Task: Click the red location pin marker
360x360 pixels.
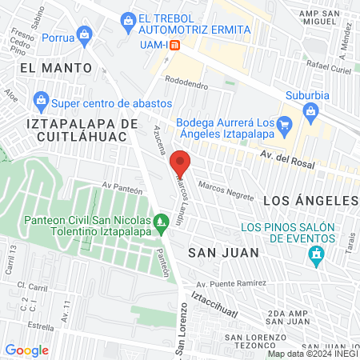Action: (x=181, y=162)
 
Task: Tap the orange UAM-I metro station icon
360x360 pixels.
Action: (x=186, y=45)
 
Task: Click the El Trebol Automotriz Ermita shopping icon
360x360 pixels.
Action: (x=127, y=18)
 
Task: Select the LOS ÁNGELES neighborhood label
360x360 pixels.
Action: (x=311, y=199)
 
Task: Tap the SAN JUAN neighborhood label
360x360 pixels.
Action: (x=223, y=252)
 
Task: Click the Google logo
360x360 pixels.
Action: (x=26, y=350)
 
